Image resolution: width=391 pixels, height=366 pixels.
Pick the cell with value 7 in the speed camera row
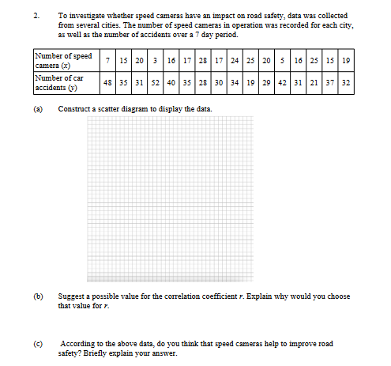[106, 60]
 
